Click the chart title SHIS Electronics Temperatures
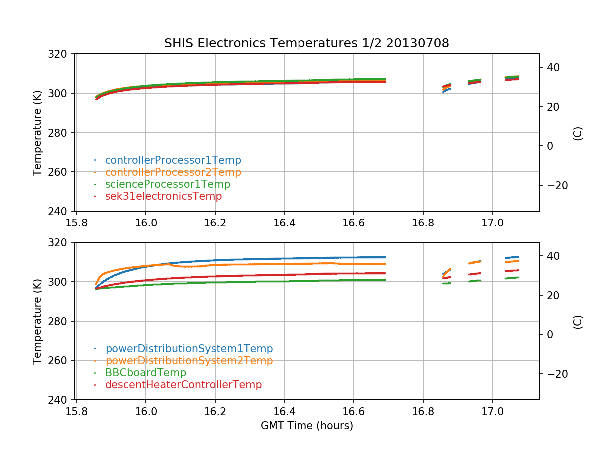(x=306, y=43)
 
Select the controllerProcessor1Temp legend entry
(x=173, y=160)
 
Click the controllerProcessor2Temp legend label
(x=173, y=172)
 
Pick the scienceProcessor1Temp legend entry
(x=167, y=184)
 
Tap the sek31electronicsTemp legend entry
(x=163, y=196)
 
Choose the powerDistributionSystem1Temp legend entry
(x=189, y=349)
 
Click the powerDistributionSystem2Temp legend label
(x=189, y=361)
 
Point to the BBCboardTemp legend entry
(x=145, y=373)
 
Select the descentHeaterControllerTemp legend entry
(x=183, y=385)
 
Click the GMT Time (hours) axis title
(x=306, y=426)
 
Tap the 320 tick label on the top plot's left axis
(x=62, y=54)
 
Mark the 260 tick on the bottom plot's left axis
(x=62, y=360)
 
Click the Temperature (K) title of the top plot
(x=37, y=132)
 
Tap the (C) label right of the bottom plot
(x=578, y=321)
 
